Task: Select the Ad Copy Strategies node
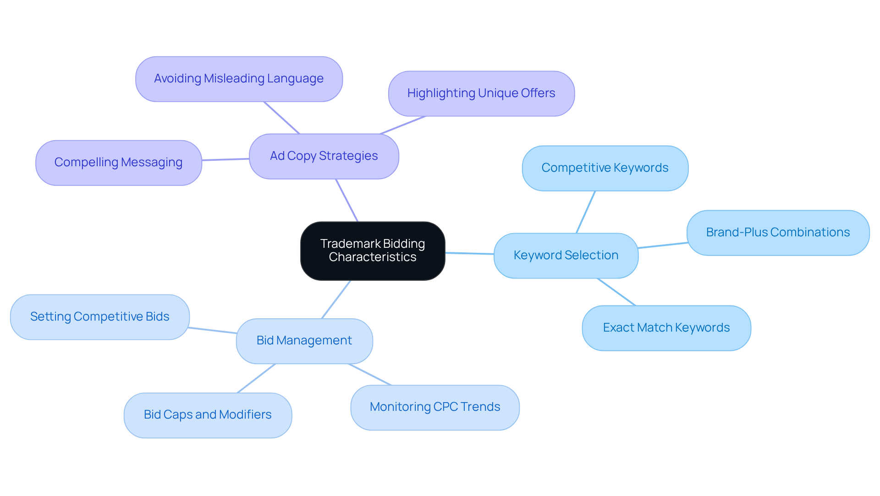point(324,156)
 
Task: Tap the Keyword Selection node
point(566,256)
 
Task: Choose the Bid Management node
point(304,341)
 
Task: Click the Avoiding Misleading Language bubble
point(239,79)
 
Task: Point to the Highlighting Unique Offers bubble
point(481,93)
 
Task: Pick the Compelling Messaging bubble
point(118,163)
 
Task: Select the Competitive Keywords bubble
point(605,168)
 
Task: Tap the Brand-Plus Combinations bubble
point(777,233)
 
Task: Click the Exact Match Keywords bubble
point(666,328)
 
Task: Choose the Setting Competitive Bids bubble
point(99,317)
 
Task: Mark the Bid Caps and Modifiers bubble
point(207,415)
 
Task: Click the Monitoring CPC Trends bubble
point(434,407)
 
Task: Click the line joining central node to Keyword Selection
point(469,253)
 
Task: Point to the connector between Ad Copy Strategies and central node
point(347,201)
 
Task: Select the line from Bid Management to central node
point(336,300)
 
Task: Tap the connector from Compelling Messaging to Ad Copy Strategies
point(225,159)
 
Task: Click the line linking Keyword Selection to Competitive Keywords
point(585,212)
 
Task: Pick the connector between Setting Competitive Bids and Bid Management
point(213,330)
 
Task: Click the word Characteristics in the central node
point(372,257)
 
